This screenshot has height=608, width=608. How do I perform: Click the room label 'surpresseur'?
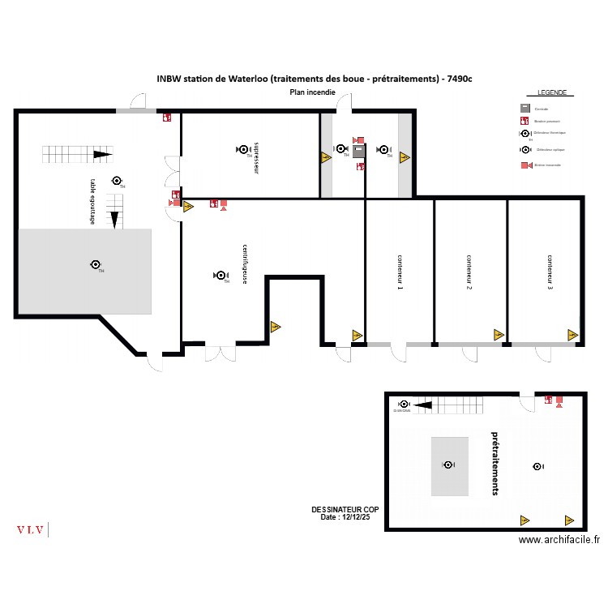(256, 158)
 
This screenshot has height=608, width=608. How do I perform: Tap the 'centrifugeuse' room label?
(245, 263)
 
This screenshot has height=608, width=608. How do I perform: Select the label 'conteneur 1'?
(400, 272)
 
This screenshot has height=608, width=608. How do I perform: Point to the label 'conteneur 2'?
(469, 272)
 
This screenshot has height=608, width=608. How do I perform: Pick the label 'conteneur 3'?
(549, 272)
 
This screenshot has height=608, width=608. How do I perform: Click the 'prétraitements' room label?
(495, 463)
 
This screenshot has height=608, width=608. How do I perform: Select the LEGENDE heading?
(551, 93)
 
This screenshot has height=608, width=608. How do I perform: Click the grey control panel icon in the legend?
(525, 109)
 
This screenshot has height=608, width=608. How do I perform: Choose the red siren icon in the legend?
(525, 165)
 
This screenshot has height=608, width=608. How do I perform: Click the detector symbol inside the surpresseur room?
(242, 149)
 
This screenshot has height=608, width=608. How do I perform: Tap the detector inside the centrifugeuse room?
(219, 276)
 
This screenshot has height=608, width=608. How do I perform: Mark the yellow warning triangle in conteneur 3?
(572, 334)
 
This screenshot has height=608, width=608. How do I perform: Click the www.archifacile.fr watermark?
(559, 540)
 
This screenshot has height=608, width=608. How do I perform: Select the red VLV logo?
(30, 530)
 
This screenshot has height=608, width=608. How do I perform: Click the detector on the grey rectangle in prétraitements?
(447, 465)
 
